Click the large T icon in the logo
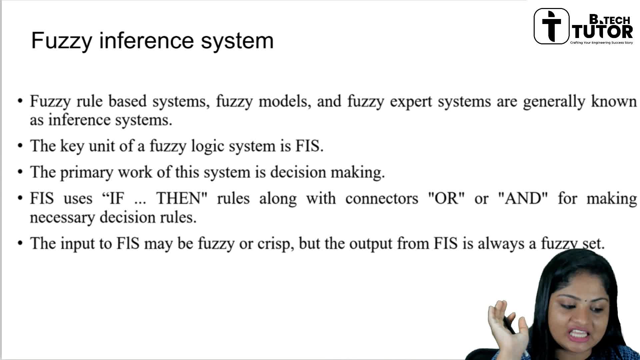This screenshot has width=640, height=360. point(551,26)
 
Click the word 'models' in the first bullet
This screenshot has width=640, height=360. point(285,101)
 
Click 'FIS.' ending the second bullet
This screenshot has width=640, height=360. point(309,146)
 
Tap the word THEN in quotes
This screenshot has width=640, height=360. point(182,198)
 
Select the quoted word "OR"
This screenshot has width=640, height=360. point(446,198)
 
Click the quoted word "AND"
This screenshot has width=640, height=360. point(523,198)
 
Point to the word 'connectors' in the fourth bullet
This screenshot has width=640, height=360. point(382,199)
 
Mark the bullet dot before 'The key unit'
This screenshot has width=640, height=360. point(21,146)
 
